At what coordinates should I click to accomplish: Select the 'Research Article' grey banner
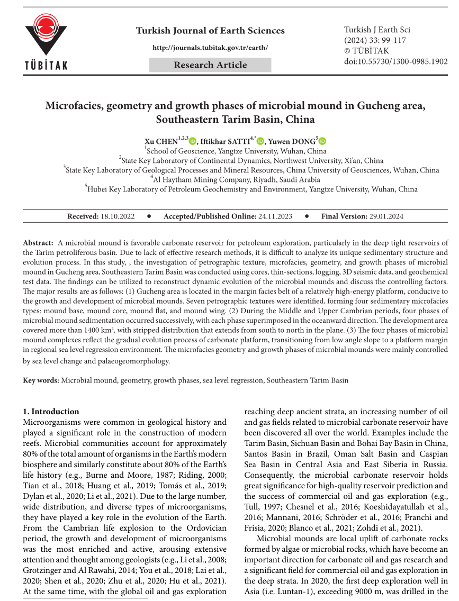210,65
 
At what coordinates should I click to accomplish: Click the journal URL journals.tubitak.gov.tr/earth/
210,48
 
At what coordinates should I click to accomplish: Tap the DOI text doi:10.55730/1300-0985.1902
395,61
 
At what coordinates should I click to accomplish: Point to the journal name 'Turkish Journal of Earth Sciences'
210,31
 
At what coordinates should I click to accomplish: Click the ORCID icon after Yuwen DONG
322,141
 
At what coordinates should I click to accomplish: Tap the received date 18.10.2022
118,216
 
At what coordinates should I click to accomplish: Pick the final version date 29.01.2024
386,216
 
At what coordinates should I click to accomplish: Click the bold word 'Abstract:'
38,242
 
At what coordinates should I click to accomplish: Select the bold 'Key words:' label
41,380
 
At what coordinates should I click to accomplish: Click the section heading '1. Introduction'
51,412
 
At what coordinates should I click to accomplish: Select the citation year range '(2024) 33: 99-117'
377,40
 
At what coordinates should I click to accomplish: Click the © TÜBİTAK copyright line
367,51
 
